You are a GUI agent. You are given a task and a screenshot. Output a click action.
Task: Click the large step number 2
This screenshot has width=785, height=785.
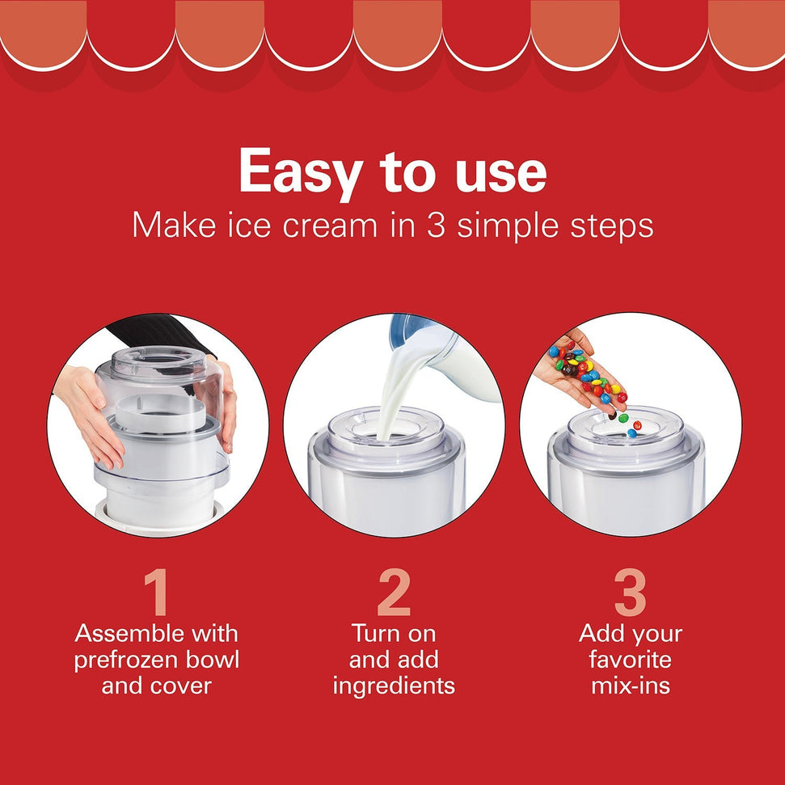coord(393,594)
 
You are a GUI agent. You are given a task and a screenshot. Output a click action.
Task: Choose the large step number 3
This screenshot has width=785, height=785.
coord(630,594)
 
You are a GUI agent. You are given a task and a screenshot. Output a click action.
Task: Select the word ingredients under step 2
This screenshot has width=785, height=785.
coord(394,686)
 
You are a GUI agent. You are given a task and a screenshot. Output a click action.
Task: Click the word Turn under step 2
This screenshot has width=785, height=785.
coord(378,633)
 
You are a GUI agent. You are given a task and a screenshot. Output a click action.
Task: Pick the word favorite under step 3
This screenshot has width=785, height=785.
coord(630,660)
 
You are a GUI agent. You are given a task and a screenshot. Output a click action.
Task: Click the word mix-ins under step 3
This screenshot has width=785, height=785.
coord(630,686)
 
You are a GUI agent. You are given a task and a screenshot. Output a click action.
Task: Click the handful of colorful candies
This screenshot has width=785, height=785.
coord(584,368)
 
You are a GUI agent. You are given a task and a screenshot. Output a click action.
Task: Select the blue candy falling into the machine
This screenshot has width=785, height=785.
coord(631,433)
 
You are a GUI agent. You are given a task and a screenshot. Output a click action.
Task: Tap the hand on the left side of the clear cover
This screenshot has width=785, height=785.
coord(89,412)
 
